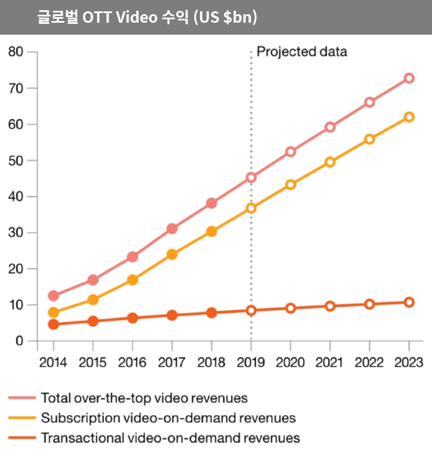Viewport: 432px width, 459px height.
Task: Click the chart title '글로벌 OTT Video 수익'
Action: coord(147,18)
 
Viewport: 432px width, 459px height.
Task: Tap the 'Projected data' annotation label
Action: coord(302,52)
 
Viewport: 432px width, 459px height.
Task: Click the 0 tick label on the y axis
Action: coord(19,341)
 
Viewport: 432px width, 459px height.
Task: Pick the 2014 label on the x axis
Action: coord(53,362)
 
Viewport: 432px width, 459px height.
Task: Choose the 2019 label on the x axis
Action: coord(251,362)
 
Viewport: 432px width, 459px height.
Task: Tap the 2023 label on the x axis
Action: coord(408,362)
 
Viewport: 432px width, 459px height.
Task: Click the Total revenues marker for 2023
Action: coord(409,78)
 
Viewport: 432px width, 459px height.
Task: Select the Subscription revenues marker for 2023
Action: coord(409,117)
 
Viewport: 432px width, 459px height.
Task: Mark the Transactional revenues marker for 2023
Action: coord(409,302)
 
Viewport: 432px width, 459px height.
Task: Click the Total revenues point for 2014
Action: coord(53,296)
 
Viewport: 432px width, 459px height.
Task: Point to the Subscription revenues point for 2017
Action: coord(172,254)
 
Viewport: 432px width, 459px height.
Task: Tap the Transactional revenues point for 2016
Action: coord(132,318)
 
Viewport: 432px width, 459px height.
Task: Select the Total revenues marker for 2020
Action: coord(290,152)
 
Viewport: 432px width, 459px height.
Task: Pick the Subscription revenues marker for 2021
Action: coord(330,162)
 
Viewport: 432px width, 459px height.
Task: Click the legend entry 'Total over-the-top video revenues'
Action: coord(144,398)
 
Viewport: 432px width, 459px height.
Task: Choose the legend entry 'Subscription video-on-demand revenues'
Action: coord(168,418)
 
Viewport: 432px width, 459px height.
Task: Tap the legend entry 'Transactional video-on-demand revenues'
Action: coord(170,438)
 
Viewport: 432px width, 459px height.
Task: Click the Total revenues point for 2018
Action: coord(211,203)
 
